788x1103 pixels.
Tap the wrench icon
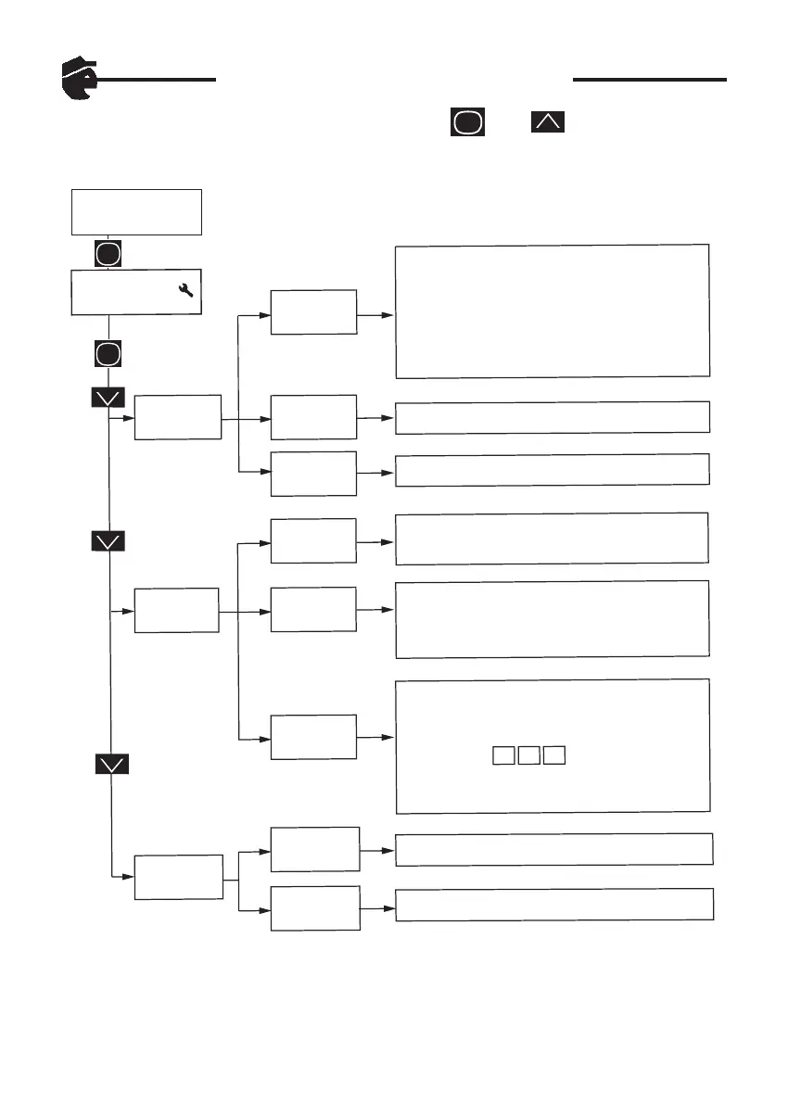[x=185, y=291]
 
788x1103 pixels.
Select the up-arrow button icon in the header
[x=547, y=121]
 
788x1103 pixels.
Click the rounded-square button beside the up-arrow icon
[x=468, y=121]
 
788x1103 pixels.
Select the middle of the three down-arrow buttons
[x=109, y=541]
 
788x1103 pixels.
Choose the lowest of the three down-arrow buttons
[x=111, y=764]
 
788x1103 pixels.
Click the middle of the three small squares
[x=528, y=754]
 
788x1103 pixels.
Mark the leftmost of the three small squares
[x=502, y=754]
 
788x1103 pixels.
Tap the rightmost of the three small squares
[x=554, y=754]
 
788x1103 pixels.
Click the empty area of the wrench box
[x=121, y=293]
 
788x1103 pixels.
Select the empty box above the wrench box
[x=136, y=212]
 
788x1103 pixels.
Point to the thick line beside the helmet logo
[x=158, y=80]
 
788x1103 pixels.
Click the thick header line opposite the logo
[x=649, y=80]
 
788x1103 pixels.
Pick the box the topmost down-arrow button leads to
[x=178, y=417]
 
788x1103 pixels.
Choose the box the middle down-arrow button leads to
[x=177, y=610]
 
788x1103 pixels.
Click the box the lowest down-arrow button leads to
[x=179, y=876]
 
